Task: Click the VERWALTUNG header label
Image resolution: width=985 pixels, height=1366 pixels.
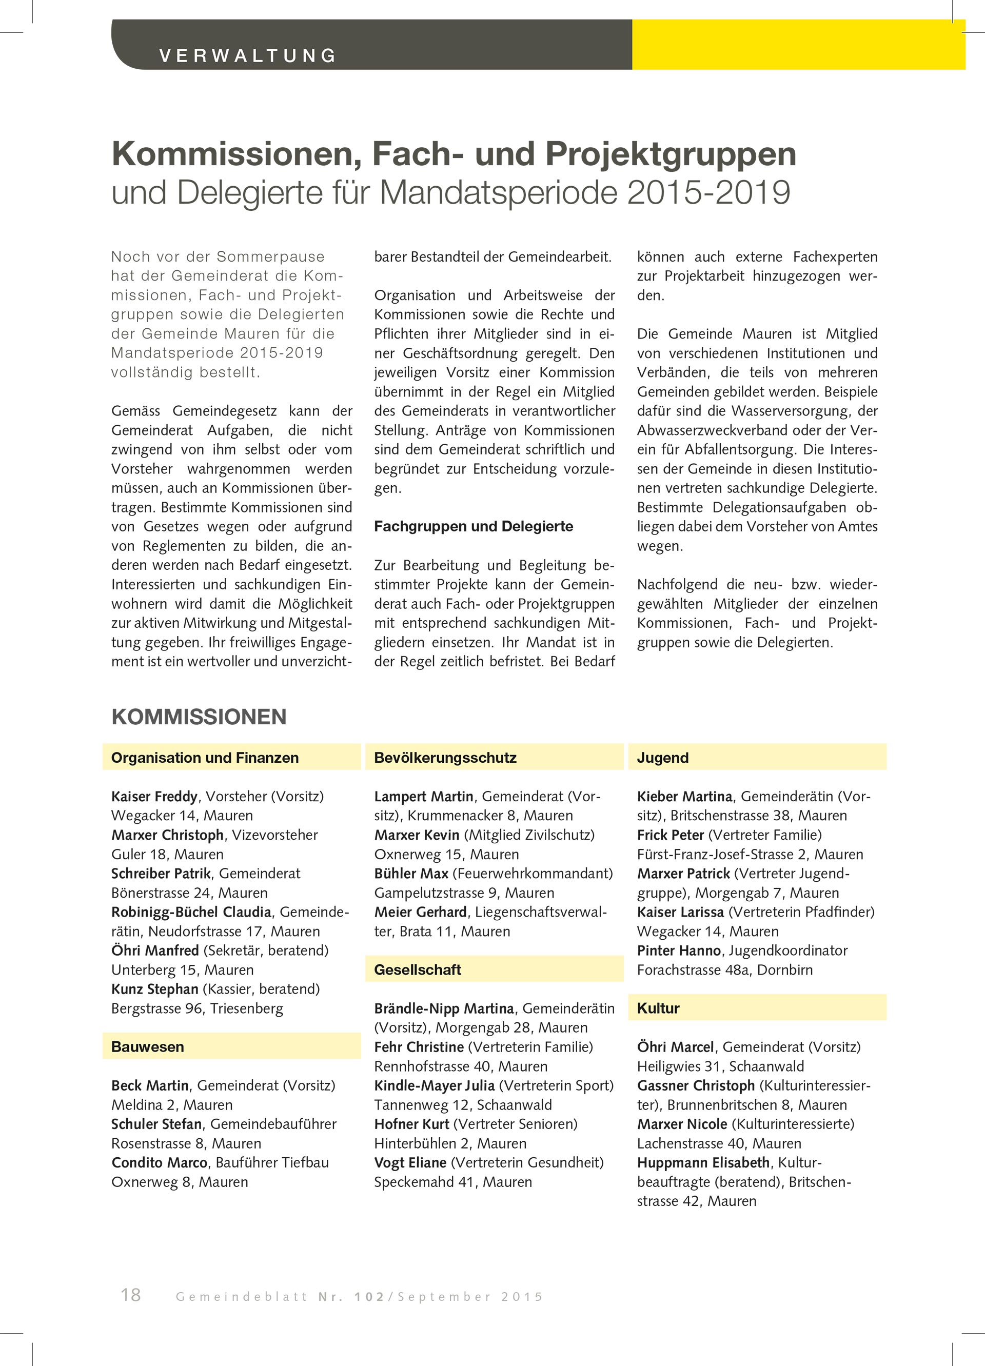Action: (247, 55)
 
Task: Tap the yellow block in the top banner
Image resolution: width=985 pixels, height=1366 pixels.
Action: (798, 45)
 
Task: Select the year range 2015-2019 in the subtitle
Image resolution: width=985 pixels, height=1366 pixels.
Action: (708, 193)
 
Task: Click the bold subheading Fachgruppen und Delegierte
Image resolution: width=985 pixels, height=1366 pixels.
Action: (474, 526)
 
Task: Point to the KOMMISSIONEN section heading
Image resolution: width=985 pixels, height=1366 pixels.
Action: (199, 717)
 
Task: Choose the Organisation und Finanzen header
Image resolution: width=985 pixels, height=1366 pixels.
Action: (205, 758)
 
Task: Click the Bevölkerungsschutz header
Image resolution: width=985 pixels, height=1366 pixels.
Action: (445, 758)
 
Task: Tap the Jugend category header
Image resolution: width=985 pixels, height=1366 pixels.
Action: (663, 758)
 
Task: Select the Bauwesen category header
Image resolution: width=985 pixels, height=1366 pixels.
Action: (148, 1047)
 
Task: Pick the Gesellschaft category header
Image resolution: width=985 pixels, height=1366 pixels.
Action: (418, 969)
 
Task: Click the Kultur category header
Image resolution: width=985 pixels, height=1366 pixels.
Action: (659, 1008)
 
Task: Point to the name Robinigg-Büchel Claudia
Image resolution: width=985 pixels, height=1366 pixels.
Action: (191, 912)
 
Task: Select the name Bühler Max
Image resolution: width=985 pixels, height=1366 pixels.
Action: (411, 874)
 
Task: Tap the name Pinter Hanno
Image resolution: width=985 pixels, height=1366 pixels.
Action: (679, 951)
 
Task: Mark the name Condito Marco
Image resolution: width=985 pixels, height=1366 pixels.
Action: (160, 1162)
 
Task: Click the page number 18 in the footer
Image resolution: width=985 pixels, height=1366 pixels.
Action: (131, 1294)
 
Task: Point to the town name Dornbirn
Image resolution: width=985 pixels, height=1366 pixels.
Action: (784, 969)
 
